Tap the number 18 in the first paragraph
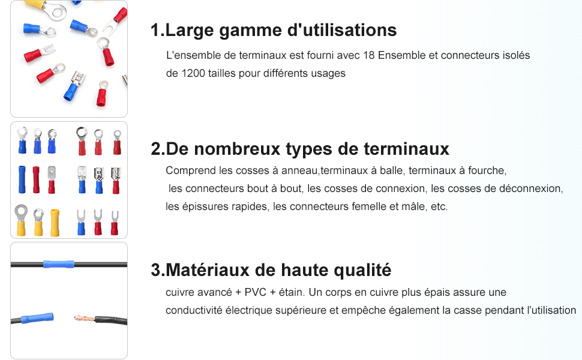(368, 55)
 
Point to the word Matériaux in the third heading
(208, 270)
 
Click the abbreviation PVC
(256, 292)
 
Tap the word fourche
(487, 170)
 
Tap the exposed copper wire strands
(85, 318)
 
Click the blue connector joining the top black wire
(59, 264)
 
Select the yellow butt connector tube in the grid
(55, 223)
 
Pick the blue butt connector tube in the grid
(22, 179)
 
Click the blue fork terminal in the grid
(81, 222)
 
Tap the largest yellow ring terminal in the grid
(21, 220)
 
